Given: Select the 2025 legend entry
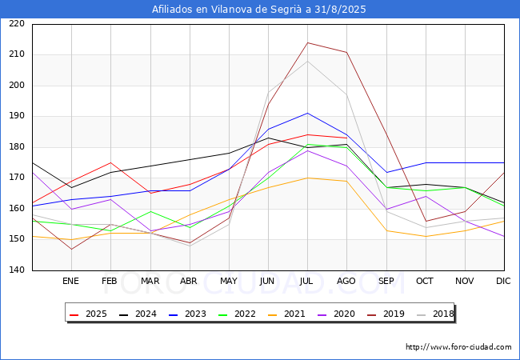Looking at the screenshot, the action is tap(88, 314).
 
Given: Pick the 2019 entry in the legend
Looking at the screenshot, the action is tap(386, 314).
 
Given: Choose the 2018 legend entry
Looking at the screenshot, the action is tap(435, 314).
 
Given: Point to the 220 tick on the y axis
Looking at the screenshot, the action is tap(17, 23).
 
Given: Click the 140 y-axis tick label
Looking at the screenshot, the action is tap(17, 270).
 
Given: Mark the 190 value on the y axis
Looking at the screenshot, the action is tap(17, 116).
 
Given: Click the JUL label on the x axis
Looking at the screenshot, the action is tap(306, 281).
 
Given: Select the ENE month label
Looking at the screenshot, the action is tap(70, 281).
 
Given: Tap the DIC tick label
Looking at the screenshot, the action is tap(503, 281).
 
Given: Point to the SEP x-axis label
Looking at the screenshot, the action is tap(386, 281).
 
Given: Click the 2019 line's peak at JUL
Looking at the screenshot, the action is tap(308, 42).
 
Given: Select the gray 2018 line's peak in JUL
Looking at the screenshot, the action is tap(308, 61).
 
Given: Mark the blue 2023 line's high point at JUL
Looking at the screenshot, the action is tap(308, 113).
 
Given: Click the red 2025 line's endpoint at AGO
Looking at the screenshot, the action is tap(347, 138).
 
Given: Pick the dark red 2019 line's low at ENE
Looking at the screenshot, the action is tap(72, 250).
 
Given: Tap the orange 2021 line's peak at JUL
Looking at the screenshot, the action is tap(308, 178).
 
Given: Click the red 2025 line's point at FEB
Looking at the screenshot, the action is tap(110, 162).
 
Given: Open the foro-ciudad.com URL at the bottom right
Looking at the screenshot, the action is tap(458, 347).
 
